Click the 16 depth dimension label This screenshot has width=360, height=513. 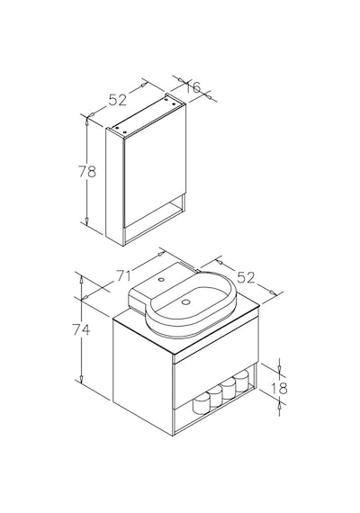click(x=193, y=87)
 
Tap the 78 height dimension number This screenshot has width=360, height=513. click(x=87, y=171)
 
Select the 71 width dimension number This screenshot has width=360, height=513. click(x=123, y=276)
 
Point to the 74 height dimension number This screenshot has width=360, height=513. click(x=81, y=329)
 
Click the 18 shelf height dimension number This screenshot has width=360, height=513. click(x=279, y=388)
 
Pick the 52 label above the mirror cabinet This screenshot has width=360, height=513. click(x=118, y=100)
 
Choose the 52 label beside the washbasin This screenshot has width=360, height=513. click(x=246, y=278)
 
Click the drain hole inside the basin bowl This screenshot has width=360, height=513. click(x=185, y=302)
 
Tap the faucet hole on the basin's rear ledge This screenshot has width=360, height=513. click(x=161, y=280)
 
